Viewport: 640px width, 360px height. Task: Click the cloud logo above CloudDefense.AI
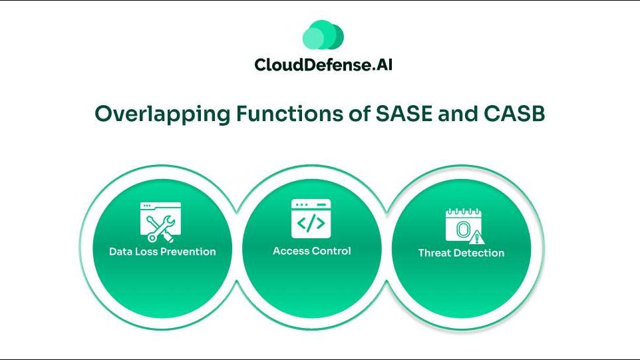pyautogui.click(x=323, y=35)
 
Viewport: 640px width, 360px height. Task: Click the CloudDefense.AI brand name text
pyautogui.click(x=323, y=65)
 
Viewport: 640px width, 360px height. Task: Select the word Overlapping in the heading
pyautogui.click(x=162, y=114)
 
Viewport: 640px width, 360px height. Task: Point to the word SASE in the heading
pyautogui.click(x=403, y=114)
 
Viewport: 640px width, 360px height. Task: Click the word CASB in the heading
pyautogui.click(x=514, y=114)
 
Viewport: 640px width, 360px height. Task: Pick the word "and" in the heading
pyautogui.click(x=458, y=114)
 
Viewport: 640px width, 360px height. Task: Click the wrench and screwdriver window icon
pyautogui.click(x=160, y=222)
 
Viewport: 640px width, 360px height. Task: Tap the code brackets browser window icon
pyautogui.click(x=311, y=219)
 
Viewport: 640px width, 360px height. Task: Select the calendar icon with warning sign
pyautogui.click(x=464, y=226)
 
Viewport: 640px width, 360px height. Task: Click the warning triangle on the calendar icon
pyautogui.click(x=476, y=237)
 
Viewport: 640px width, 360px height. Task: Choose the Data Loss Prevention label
pyautogui.click(x=162, y=252)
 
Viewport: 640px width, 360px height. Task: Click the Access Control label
pyautogui.click(x=312, y=251)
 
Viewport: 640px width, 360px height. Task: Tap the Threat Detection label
pyautogui.click(x=461, y=253)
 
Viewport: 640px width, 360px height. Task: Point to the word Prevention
pyautogui.click(x=190, y=252)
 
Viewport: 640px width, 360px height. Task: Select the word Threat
pyautogui.click(x=432, y=253)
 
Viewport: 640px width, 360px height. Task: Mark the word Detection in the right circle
pyautogui.click(x=478, y=253)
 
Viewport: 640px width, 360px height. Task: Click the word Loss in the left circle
pyautogui.click(x=146, y=252)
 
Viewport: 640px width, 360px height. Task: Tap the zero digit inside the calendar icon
pyautogui.click(x=462, y=230)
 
